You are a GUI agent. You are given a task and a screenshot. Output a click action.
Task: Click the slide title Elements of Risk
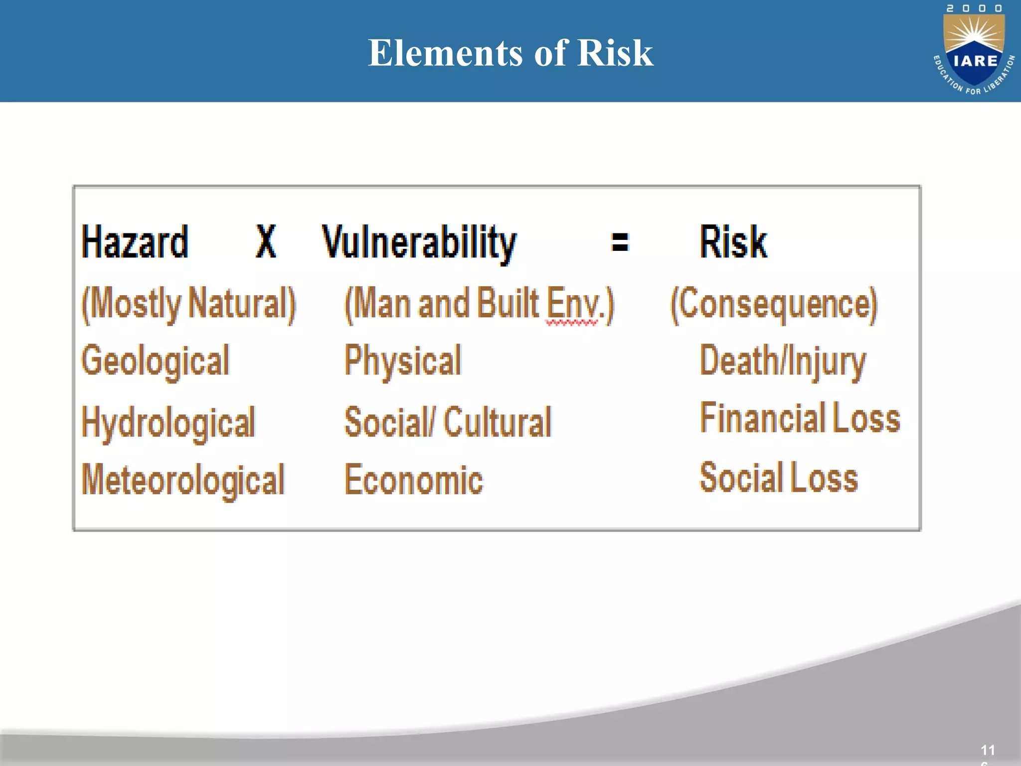pyautogui.click(x=510, y=53)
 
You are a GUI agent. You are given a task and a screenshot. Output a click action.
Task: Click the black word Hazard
pyautogui.click(x=135, y=242)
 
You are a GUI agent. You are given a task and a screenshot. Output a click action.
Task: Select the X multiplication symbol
pyautogui.click(x=266, y=241)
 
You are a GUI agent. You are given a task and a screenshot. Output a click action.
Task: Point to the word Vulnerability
pyautogui.click(x=419, y=243)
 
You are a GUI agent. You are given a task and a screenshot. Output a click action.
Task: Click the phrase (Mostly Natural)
pyautogui.click(x=188, y=304)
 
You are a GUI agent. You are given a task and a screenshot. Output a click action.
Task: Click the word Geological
pyautogui.click(x=156, y=361)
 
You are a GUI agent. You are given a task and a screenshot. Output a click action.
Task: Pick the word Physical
pyautogui.click(x=403, y=361)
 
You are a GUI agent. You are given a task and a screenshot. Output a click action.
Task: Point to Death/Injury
pyautogui.click(x=783, y=361)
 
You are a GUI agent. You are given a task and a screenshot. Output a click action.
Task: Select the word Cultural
pyautogui.click(x=498, y=422)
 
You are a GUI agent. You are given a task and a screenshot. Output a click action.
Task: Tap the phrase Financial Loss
pyautogui.click(x=800, y=418)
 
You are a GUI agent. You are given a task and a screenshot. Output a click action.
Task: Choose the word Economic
pyautogui.click(x=414, y=480)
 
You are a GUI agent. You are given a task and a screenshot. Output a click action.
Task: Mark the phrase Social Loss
pyautogui.click(x=779, y=477)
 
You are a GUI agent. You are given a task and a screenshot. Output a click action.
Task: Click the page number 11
pyautogui.click(x=988, y=750)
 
